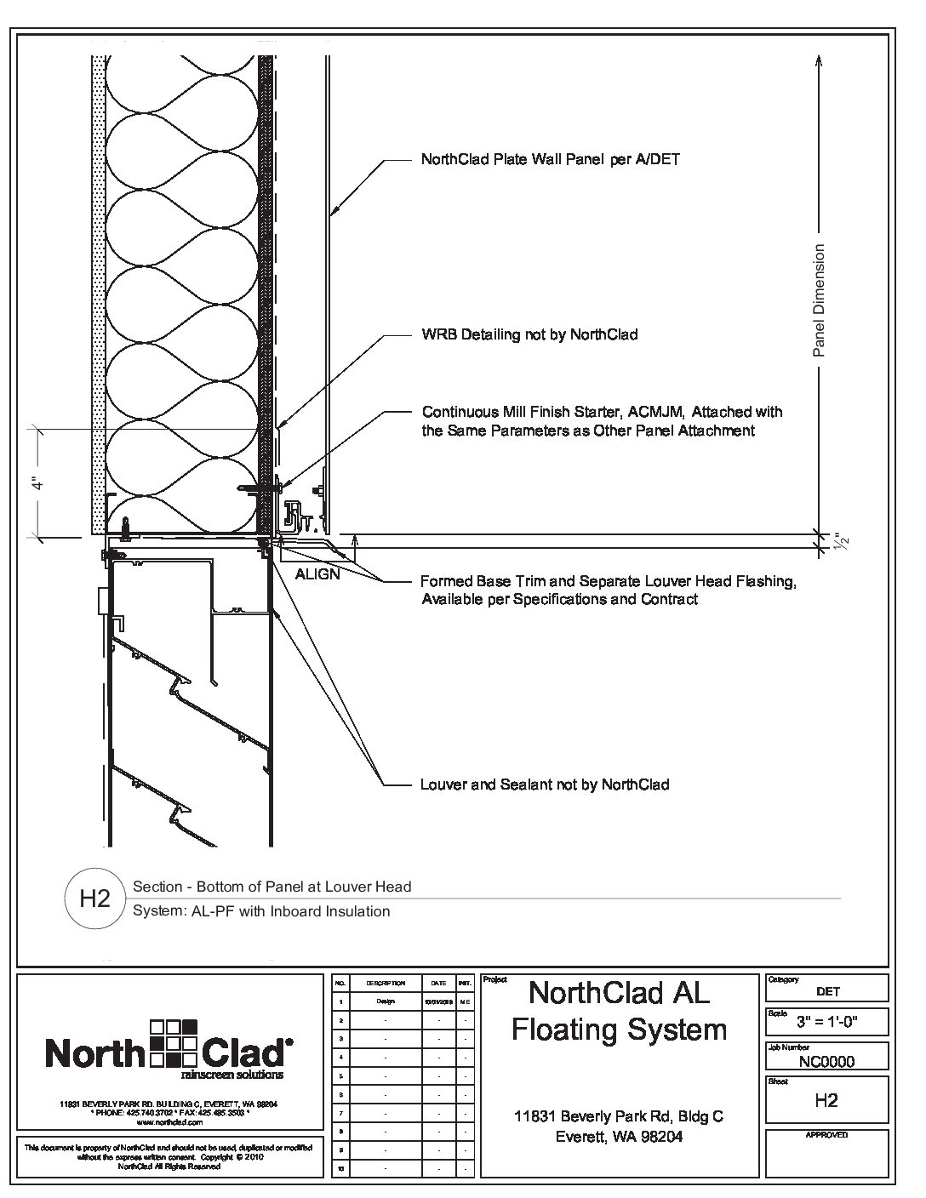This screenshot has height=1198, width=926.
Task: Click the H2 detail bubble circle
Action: [94, 898]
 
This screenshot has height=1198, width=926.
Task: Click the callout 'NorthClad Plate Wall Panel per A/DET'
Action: [550, 159]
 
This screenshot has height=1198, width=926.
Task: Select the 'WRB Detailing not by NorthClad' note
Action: [529, 334]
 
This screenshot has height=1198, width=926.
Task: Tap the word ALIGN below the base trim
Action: [317, 574]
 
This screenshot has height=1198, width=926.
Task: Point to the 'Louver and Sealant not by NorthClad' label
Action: [545, 784]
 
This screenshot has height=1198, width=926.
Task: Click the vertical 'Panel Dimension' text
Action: [820, 300]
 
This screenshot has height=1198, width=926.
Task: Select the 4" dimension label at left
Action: [37, 483]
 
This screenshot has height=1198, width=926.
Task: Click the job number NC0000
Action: [826, 1061]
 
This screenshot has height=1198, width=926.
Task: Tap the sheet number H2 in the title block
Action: [826, 1100]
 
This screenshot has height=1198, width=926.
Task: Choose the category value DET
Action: [826, 991]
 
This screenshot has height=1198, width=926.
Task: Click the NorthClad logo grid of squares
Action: [174, 1041]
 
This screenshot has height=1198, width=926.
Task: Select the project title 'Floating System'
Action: [619, 1030]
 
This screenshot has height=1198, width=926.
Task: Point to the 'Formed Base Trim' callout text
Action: [608, 582]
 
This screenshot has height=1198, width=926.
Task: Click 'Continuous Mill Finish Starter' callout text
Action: [602, 413]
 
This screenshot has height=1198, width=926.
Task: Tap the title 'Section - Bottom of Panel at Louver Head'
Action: [272, 887]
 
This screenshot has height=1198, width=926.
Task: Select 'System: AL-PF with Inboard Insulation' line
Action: [262, 911]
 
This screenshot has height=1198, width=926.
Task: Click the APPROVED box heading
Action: [826, 1135]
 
